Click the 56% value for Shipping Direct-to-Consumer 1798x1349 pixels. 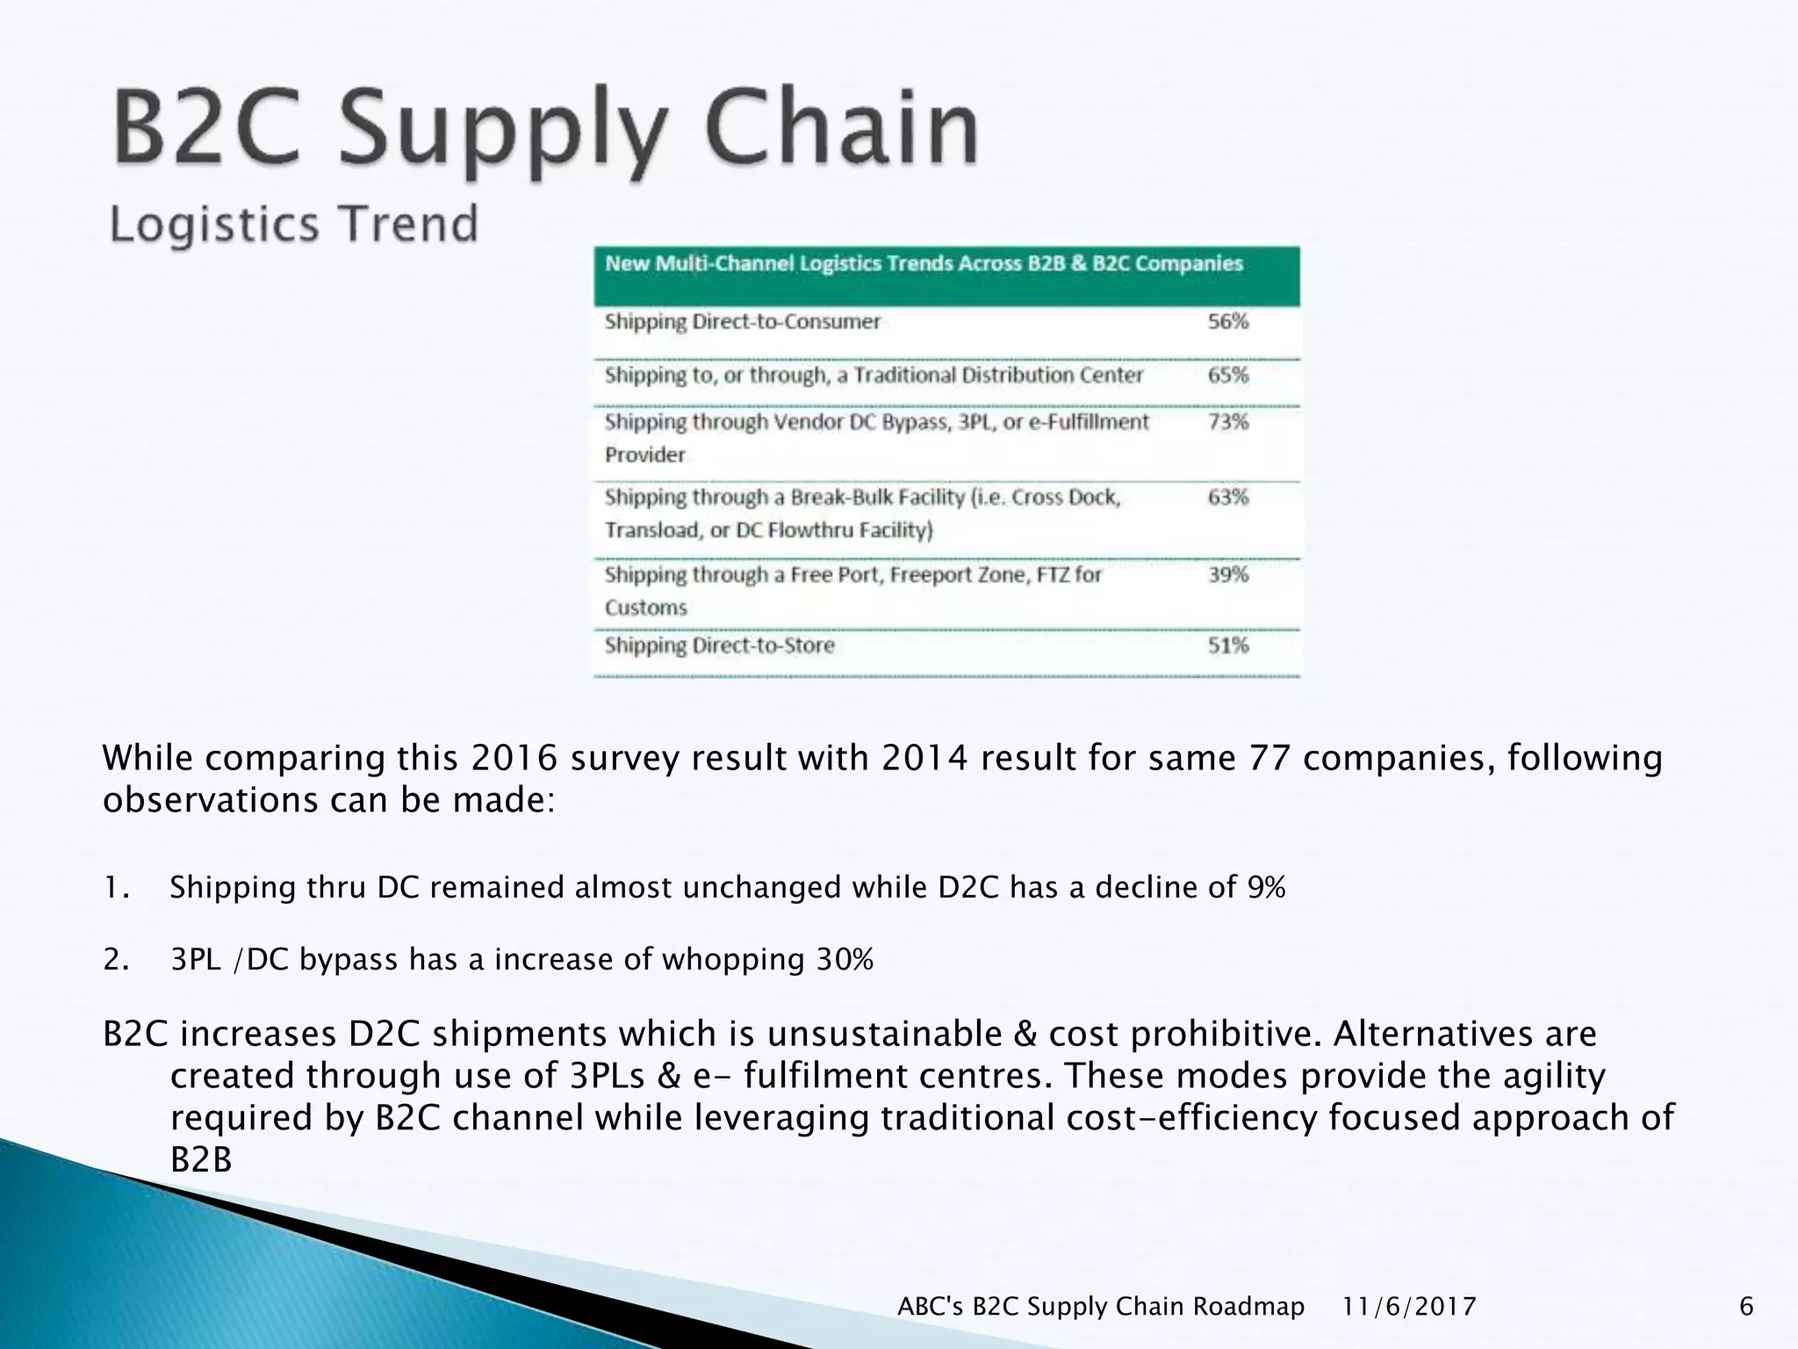point(1227,321)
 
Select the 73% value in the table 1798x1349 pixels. point(1227,422)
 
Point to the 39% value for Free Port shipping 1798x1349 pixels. point(1227,575)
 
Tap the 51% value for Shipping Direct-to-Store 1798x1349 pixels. point(1227,646)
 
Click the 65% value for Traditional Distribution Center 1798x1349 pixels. point(1227,376)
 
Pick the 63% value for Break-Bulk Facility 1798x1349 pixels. point(1227,498)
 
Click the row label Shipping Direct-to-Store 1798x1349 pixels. point(719,646)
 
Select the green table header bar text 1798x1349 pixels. point(924,264)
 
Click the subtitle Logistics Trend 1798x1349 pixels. point(293,224)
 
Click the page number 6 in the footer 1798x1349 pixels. point(1746,1307)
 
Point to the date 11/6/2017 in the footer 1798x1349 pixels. point(1409,1307)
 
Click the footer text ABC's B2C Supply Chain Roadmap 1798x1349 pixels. point(1101,1307)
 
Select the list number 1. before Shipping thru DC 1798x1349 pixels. point(116,888)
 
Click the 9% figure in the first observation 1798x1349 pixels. point(1266,888)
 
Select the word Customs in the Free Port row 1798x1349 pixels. point(645,608)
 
